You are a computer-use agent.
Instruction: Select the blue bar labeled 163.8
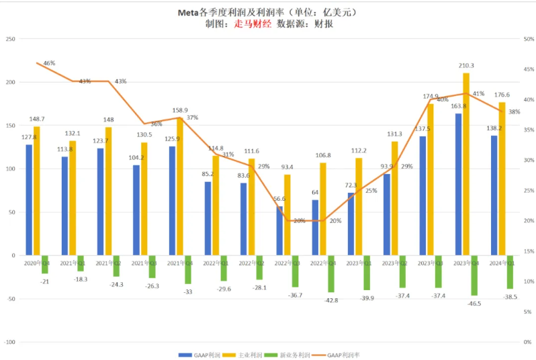point(458,185)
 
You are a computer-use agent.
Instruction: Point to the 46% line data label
point(49,63)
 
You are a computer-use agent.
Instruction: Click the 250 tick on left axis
point(10,39)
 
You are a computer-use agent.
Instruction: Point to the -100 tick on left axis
point(9,342)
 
